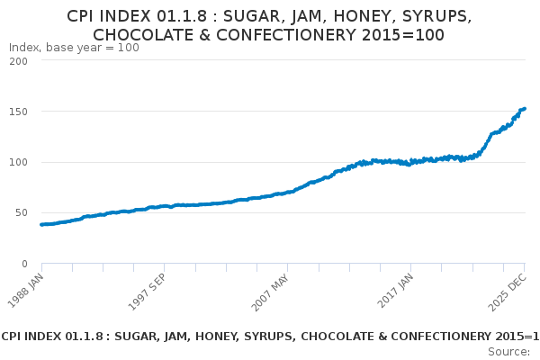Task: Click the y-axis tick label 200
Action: pyautogui.click(x=17, y=61)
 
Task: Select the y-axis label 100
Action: pyautogui.click(x=17, y=162)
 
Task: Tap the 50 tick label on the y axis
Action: pyautogui.click(x=21, y=213)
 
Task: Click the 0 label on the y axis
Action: pyautogui.click(x=23, y=264)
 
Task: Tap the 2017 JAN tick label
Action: pyautogui.click(x=394, y=287)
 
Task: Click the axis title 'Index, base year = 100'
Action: pyautogui.click(x=74, y=48)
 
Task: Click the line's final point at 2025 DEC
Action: pyautogui.click(x=526, y=109)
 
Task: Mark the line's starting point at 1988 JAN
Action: pyautogui.click(x=41, y=224)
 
